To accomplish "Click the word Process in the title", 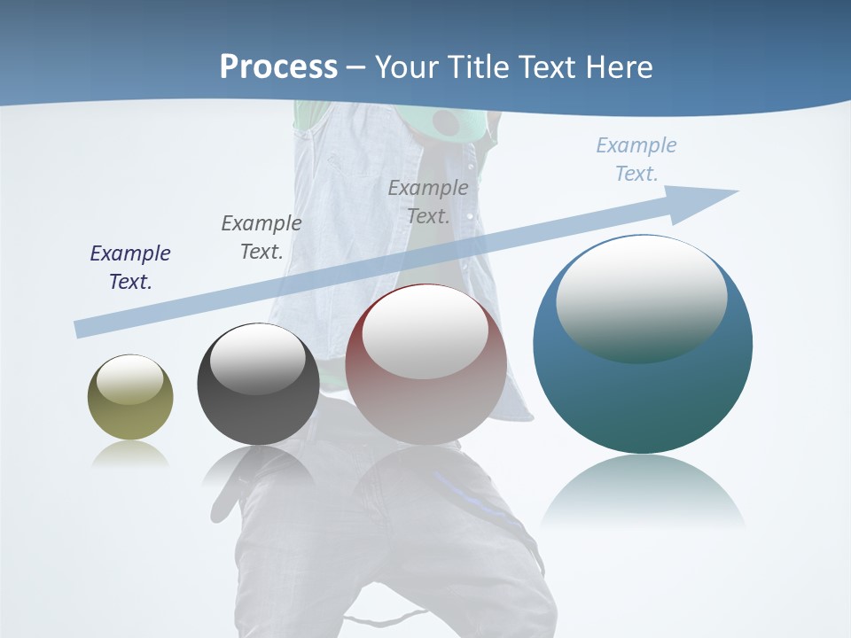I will pos(278,67).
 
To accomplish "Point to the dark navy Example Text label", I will pos(130,267).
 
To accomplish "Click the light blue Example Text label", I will pos(636,159).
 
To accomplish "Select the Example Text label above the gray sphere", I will pos(262,237).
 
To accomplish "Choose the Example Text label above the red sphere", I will pos(428,201).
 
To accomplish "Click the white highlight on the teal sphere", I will pos(641,297).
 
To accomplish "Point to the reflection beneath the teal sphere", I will pos(643,492).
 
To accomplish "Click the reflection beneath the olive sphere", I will pos(130,455).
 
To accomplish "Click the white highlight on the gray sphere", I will pos(257,359).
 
